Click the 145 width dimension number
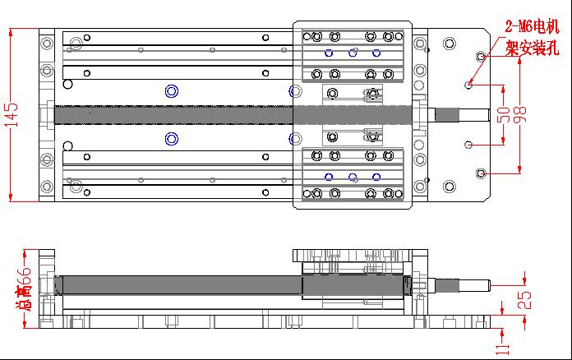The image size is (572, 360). click(x=11, y=115)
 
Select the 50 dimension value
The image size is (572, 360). click(x=504, y=115)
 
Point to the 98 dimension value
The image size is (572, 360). click(x=520, y=115)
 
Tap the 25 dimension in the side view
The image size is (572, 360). click(x=524, y=300)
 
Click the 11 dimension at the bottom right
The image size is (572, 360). click(x=502, y=349)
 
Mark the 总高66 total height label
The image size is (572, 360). click(x=24, y=288)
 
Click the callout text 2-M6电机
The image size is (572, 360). click(x=532, y=26)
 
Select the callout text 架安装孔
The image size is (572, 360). click(x=532, y=48)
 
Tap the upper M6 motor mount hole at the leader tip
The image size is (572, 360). click(x=468, y=85)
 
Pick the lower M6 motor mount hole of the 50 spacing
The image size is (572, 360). click(x=468, y=145)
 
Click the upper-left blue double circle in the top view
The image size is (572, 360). click(x=172, y=91)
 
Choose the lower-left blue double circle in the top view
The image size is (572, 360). click(x=172, y=139)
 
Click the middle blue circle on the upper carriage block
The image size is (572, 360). click(x=353, y=53)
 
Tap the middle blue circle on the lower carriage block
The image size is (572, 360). click(x=353, y=178)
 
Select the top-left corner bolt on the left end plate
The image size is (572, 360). click(x=47, y=44)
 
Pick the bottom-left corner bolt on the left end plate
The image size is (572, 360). click(x=47, y=187)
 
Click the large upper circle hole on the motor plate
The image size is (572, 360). click(x=449, y=44)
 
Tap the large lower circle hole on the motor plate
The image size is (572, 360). click(x=449, y=187)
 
